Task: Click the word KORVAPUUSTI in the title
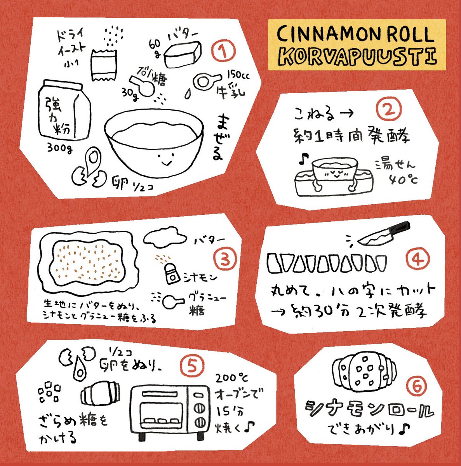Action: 357,57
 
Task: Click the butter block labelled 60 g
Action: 183,54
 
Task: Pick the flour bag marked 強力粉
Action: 64,110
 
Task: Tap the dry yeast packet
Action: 104,66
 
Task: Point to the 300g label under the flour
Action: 60,148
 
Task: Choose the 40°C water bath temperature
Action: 403,179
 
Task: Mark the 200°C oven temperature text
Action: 231,378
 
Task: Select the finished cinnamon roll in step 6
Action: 364,372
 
